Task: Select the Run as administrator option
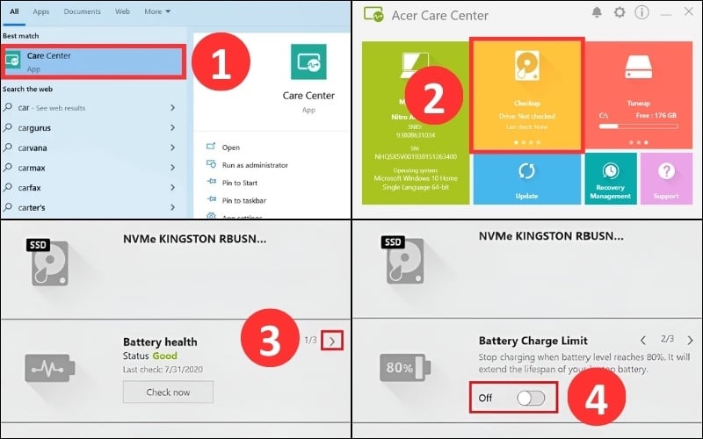click(x=255, y=165)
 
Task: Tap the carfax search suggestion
click(x=32, y=187)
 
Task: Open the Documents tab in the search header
click(x=82, y=12)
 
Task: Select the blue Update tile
click(x=526, y=179)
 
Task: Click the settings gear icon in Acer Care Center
click(x=620, y=13)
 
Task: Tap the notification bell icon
click(x=598, y=13)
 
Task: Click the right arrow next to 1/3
click(x=331, y=339)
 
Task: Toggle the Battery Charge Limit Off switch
click(x=531, y=398)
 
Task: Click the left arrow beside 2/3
click(x=642, y=340)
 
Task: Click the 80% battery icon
click(x=396, y=368)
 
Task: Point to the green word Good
click(x=164, y=356)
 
